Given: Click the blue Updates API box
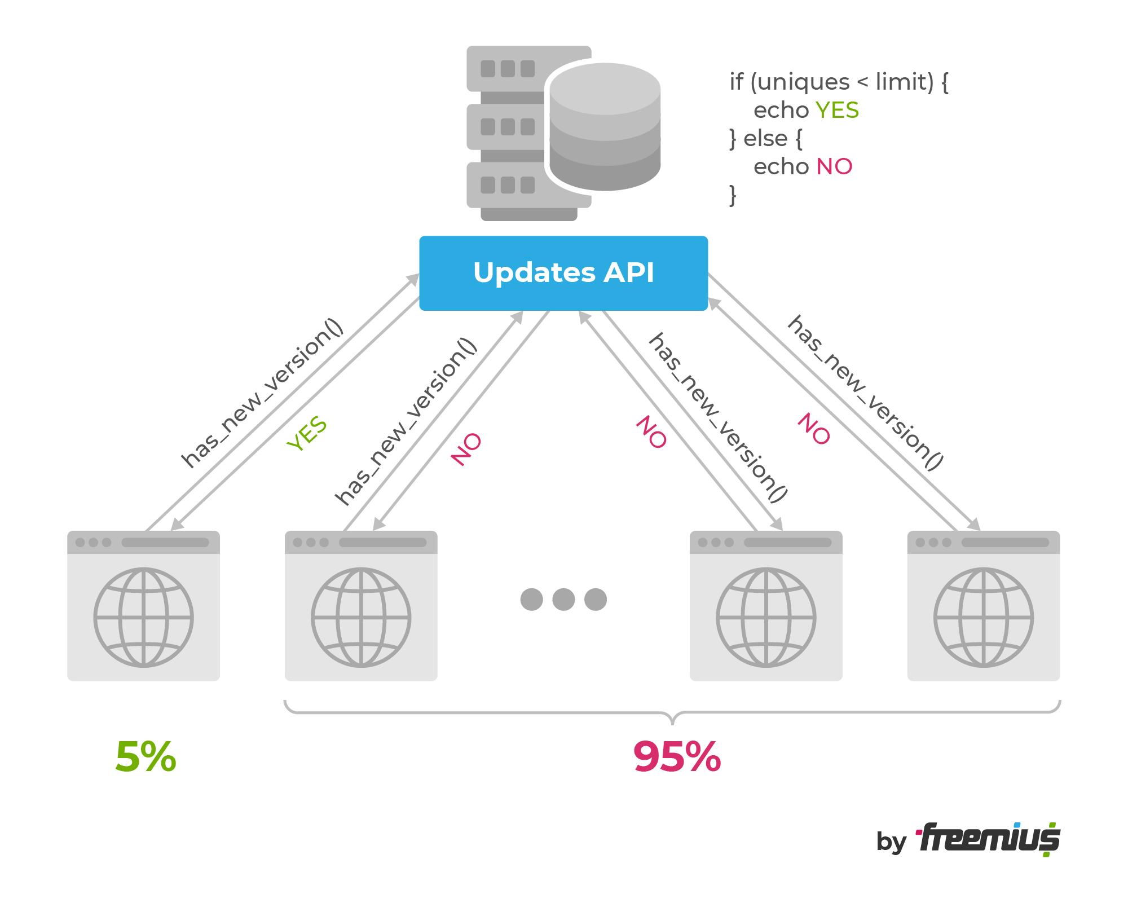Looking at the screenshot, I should click(563, 273).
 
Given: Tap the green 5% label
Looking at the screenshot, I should click(146, 757).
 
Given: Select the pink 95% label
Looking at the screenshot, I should click(676, 757).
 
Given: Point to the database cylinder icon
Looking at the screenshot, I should click(605, 126).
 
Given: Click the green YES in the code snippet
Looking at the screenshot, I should click(837, 110).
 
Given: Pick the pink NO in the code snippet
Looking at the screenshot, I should click(834, 166).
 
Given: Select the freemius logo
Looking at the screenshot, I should click(988, 840).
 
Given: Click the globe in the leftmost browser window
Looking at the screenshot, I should click(143, 618).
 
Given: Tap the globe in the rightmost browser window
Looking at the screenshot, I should click(983, 618).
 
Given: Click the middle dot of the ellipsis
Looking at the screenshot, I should click(563, 599).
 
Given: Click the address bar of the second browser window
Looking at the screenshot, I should click(382, 543).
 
